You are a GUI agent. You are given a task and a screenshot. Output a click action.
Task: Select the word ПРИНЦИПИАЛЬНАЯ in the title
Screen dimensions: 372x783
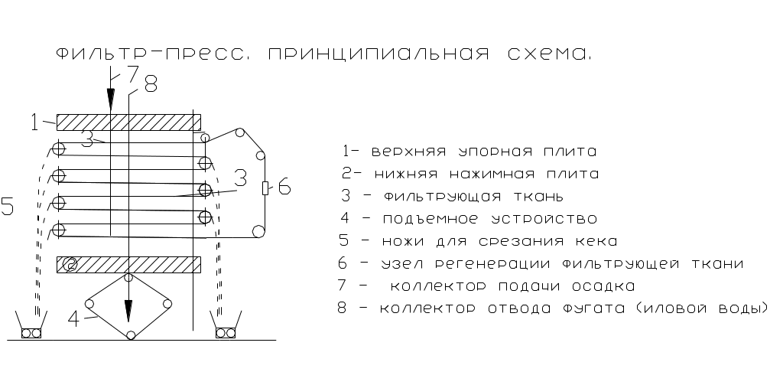[378, 54]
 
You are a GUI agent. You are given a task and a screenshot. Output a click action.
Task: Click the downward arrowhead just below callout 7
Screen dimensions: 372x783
[111, 97]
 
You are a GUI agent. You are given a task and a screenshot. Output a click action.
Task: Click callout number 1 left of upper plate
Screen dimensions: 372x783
[34, 121]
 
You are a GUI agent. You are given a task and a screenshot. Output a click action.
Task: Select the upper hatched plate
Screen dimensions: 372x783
[128, 122]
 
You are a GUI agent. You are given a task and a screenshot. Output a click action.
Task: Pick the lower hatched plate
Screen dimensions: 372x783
[128, 265]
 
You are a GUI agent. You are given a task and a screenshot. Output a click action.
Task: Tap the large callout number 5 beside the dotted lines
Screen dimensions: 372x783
[8, 207]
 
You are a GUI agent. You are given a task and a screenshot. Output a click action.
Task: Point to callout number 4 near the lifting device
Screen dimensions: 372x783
[74, 319]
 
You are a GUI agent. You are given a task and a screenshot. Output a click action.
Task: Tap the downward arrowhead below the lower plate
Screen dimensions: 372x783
[128, 310]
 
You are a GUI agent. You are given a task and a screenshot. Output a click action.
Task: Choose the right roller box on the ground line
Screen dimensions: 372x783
[226, 333]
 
